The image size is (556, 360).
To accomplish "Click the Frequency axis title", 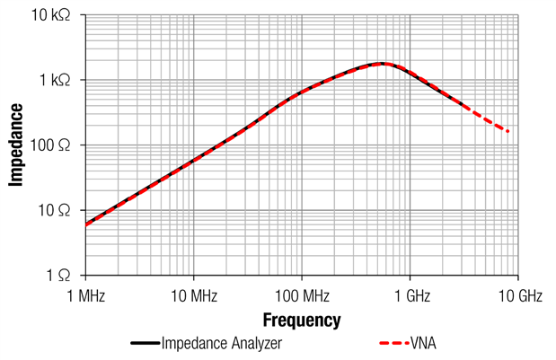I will tap(301, 320).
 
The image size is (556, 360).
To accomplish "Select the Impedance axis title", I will tap(16, 145).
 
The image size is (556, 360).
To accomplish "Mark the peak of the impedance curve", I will tap(382, 64).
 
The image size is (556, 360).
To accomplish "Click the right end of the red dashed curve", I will tap(509, 133).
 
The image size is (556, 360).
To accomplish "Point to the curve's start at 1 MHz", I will tap(86, 224).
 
